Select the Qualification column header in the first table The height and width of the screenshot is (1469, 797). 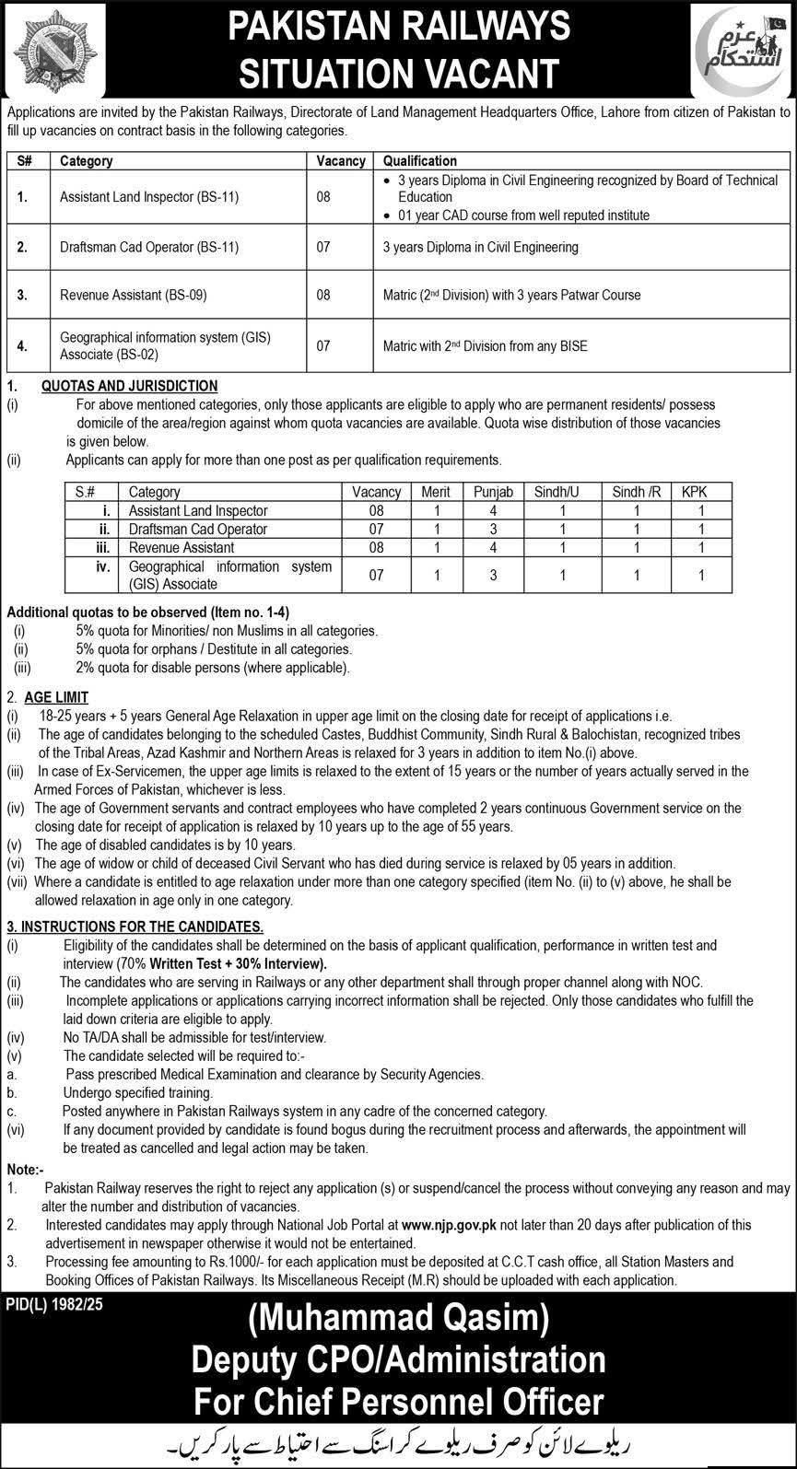(419, 160)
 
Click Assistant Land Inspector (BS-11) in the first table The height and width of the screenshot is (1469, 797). (149, 196)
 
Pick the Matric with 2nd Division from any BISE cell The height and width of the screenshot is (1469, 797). (485, 346)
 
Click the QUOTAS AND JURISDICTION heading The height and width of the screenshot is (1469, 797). (130, 386)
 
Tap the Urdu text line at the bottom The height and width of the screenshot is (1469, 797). (397, 1442)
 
